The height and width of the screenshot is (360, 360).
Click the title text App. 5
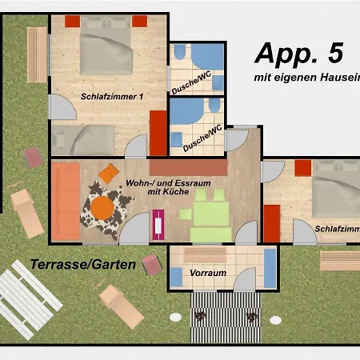pyautogui.click(x=298, y=53)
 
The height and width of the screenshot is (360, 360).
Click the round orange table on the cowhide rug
pyautogui.click(x=102, y=207)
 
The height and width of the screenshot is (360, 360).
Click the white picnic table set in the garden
pyautogui.click(x=28, y=297)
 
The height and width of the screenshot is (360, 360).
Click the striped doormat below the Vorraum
pyautogui.click(x=226, y=306)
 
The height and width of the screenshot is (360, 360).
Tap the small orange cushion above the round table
pyautogui.click(x=108, y=171)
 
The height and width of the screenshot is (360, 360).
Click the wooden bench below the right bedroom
pyautogui.click(x=339, y=261)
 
